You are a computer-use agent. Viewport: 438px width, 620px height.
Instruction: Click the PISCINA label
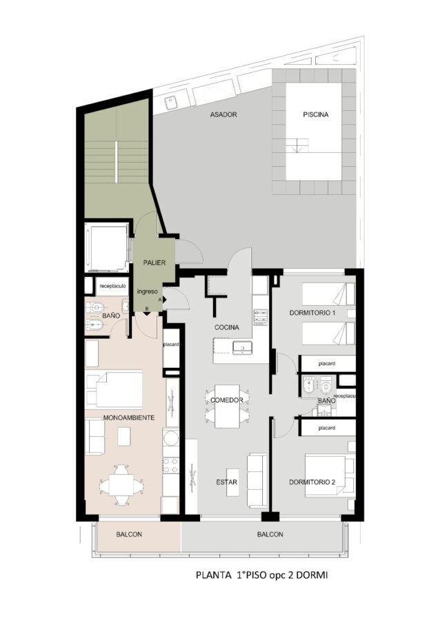click(x=316, y=114)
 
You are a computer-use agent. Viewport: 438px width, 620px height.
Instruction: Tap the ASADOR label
click(x=223, y=114)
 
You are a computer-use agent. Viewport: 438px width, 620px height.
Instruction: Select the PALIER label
click(x=155, y=262)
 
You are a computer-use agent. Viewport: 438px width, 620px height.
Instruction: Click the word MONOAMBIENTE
click(x=129, y=417)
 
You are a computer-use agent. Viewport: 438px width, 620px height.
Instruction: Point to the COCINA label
click(x=226, y=327)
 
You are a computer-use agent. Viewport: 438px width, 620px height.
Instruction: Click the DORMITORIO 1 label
click(x=312, y=313)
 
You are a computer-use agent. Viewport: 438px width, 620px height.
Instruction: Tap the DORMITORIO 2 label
click(x=312, y=482)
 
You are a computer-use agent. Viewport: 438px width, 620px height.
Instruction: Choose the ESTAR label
click(x=226, y=482)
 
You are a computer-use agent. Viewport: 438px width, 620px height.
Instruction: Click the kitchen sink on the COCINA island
click(x=242, y=348)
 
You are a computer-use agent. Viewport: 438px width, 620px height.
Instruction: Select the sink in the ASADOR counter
click(x=172, y=103)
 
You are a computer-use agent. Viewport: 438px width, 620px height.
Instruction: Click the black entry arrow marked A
click(x=164, y=300)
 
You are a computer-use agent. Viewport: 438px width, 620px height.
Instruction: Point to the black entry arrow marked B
click(x=146, y=314)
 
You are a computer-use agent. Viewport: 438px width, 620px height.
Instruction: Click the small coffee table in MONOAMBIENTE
click(x=124, y=437)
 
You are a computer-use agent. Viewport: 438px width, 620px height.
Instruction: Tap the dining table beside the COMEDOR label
click(x=227, y=406)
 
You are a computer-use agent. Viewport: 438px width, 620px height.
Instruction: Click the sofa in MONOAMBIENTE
click(x=95, y=437)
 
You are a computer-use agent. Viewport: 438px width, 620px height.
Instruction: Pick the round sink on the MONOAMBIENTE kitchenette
click(x=170, y=438)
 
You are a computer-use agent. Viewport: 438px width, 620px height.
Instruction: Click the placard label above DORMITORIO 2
click(x=327, y=428)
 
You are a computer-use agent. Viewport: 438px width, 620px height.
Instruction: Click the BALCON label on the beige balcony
click(x=129, y=534)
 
